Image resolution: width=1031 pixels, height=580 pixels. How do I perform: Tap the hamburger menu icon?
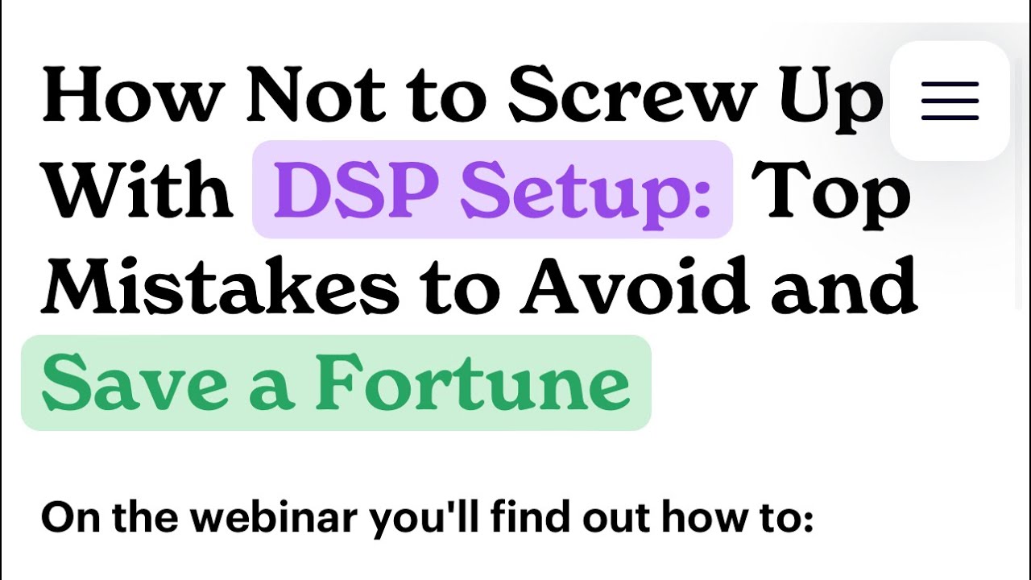pos(950,101)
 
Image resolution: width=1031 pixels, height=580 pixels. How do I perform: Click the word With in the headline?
pos(137,188)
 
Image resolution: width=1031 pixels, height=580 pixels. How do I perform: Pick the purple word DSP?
pos(354,189)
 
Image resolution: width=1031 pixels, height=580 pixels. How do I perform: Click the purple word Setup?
pos(586,194)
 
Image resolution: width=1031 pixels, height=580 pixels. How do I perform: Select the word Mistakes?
pos(220,284)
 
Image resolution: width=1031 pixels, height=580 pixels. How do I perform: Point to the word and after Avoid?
pos(845,284)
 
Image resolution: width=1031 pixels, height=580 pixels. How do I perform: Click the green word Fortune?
pos(472,382)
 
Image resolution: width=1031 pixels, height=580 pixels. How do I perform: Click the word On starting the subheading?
pos(70,517)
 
